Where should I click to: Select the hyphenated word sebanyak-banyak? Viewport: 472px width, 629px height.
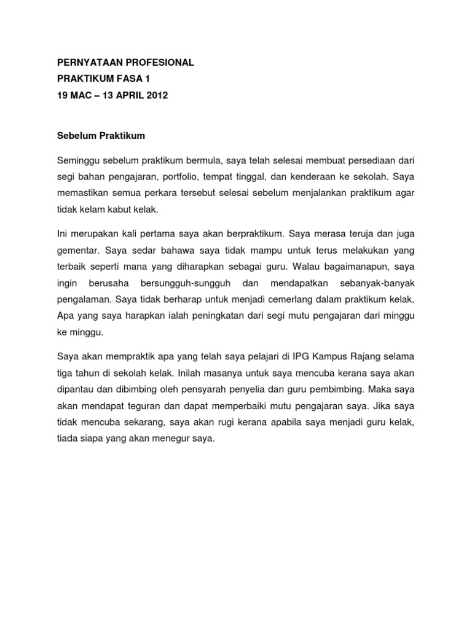377,283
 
